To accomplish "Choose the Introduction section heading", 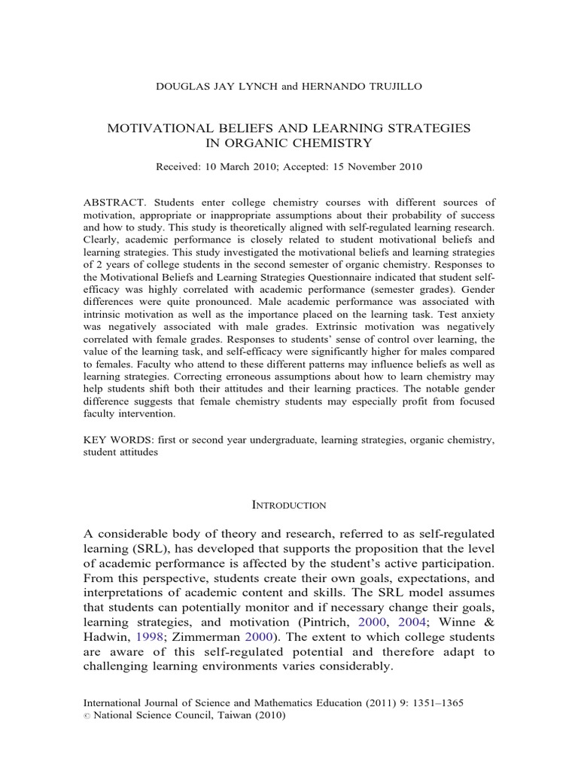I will (x=289, y=504).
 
